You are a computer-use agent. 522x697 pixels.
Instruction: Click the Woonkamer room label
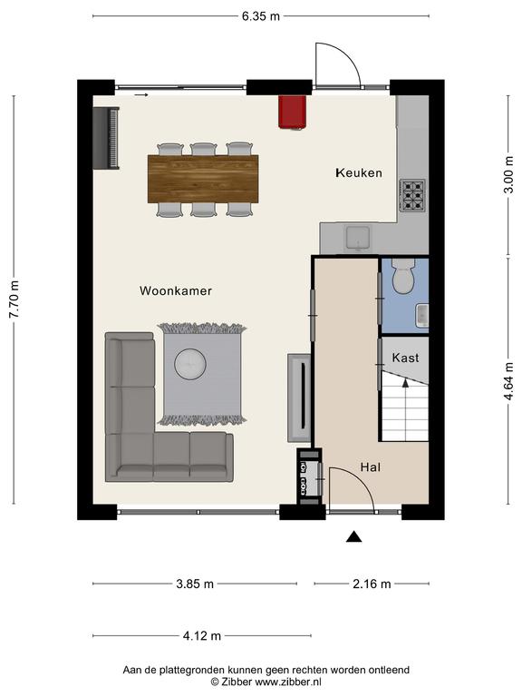pyautogui.click(x=175, y=290)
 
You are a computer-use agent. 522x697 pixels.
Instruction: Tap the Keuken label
pyautogui.click(x=359, y=172)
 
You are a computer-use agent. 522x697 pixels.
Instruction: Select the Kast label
pyautogui.click(x=405, y=358)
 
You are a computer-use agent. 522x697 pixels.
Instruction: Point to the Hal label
pyautogui.click(x=370, y=467)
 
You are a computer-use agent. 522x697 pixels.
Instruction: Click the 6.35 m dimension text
pyautogui.click(x=261, y=16)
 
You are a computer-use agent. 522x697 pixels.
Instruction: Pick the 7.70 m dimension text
pyautogui.click(x=14, y=299)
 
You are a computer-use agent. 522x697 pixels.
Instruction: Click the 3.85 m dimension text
pyautogui.click(x=195, y=584)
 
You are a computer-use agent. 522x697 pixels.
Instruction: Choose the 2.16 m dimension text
pyautogui.click(x=372, y=584)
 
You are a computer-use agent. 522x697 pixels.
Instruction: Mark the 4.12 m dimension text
pyautogui.click(x=201, y=635)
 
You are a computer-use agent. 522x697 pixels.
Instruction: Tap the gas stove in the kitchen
pyautogui.click(x=413, y=195)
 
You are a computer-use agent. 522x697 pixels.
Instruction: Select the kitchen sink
pyautogui.click(x=358, y=238)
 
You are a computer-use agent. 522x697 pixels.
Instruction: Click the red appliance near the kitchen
pyautogui.click(x=293, y=112)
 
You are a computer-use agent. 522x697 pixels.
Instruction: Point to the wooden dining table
pyautogui.click(x=203, y=179)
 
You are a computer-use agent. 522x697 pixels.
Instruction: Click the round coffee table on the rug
pyautogui.click(x=190, y=365)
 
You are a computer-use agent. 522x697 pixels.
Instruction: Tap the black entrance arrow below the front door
pyautogui.click(x=353, y=536)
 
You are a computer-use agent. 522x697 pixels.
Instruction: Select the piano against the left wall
pyautogui.click(x=107, y=138)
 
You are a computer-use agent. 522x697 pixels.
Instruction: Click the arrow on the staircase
pyautogui.click(x=405, y=383)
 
